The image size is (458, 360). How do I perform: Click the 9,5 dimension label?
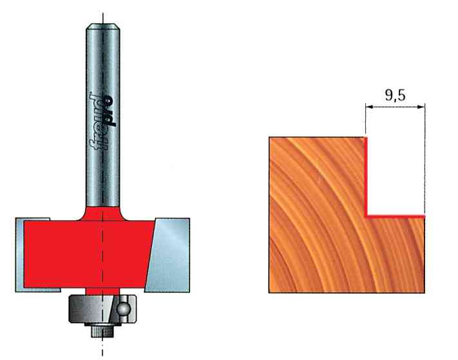[x=396, y=95]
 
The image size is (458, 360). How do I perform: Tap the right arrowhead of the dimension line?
[x=421, y=107]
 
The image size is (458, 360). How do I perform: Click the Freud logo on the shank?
[x=102, y=122]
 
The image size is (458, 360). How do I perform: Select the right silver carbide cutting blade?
[x=168, y=255]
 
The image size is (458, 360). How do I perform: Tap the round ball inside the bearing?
[x=122, y=308]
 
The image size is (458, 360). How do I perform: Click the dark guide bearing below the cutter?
[x=102, y=309]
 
